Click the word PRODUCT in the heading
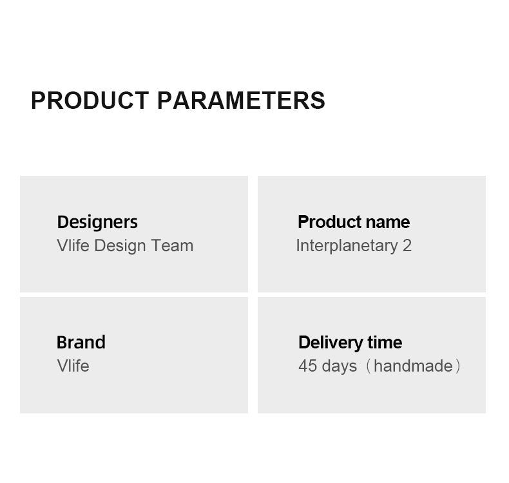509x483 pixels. pos(90,100)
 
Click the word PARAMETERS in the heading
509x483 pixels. pos(241,100)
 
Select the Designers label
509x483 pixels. pos(97,223)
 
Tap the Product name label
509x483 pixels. pos(354,222)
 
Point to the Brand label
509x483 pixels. pos(81,342)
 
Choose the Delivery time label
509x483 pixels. pos(351,343)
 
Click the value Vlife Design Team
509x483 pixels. pos(125,245)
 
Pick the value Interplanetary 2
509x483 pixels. pos(354,246)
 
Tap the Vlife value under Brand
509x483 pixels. pos(73,366)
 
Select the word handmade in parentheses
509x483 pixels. pos(413,366)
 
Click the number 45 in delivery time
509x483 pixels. pos(308,366)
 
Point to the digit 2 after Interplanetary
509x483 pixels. pos(407,245)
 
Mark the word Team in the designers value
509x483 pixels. pos(173,245)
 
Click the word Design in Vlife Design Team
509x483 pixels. pos(120,246)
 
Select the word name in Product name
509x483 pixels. pos(388,223)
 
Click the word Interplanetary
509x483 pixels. pos(347,246)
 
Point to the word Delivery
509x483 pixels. pos(331,343)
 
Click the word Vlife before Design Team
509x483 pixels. pos(73,245)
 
